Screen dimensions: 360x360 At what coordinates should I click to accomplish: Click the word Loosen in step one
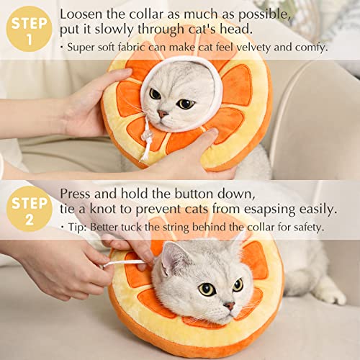81,15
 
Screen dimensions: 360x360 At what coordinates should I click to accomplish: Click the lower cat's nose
229,305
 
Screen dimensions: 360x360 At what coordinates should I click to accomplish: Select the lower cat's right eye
207,289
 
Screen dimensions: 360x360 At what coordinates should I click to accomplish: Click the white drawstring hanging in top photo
148,140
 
